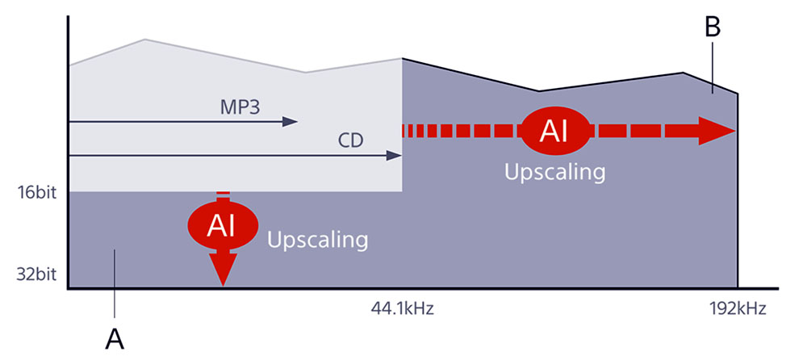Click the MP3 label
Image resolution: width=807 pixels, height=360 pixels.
tap(240, 107)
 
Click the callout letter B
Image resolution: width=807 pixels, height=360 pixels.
tap(712, 27)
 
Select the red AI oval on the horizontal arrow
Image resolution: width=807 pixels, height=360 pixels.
tap(554, 131)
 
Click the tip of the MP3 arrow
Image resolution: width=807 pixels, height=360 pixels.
tap(295, 122)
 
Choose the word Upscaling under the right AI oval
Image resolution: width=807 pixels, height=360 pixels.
tap(554, 172)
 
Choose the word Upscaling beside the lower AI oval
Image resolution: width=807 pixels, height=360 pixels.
tap(317, 240)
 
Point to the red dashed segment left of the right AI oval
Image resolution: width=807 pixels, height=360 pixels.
tap(460, 131)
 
